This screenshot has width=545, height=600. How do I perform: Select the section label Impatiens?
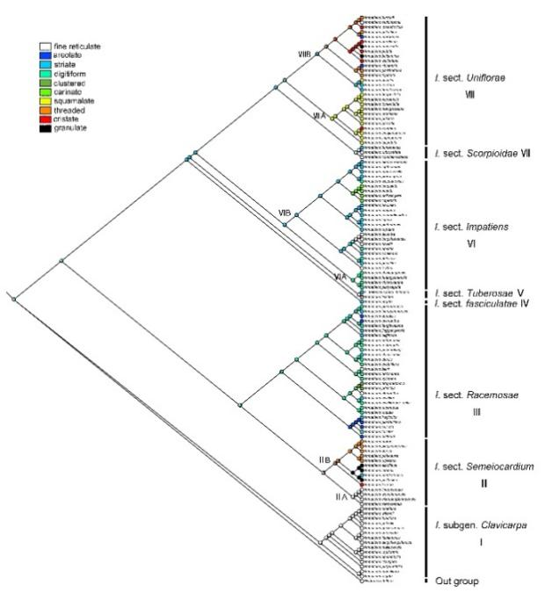tap(471, 228)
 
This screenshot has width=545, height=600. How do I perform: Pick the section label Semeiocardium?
tap(482, 467)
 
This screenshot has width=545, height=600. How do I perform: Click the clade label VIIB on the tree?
tap(304, 54)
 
